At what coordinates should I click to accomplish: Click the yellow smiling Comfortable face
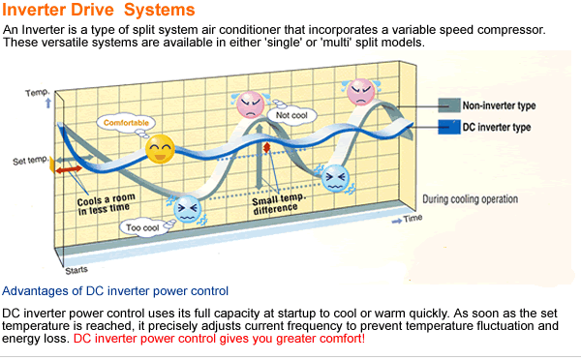(x=160, y=149)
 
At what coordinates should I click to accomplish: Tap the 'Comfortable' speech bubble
(x=126, y=123)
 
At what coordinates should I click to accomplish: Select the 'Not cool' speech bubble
(x=291, y=115)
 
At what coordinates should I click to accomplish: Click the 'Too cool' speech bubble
(x=142, y=227)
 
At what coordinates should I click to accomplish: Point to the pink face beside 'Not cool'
(x=251, y=105)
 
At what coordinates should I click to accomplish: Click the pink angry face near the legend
(x=360, y=92)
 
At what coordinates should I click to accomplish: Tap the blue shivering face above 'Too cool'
(x=188, y=209)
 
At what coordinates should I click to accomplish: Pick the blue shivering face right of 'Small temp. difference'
(x=335, y=178)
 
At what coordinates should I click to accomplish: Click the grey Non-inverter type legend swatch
(x=449, y=105)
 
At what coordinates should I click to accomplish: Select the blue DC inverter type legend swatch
(x=449, y=127)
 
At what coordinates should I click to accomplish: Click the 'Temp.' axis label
(x=38, y=93)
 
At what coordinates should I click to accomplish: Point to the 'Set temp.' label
(x=30, y=161)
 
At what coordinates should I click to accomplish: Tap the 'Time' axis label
(x=413, y=218)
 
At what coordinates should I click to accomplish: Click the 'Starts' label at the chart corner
(x=76, y=270)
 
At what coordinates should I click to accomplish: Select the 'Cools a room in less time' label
(x=106, y=204)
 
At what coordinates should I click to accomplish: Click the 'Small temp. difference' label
(x=278, y=203)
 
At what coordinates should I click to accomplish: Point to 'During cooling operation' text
(x=471, y=199)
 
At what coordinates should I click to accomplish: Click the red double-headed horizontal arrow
(x=69, y=169)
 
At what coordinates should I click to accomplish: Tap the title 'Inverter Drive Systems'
(x=99, y=10)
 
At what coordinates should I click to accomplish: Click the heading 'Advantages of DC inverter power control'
(x=115, y=291)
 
